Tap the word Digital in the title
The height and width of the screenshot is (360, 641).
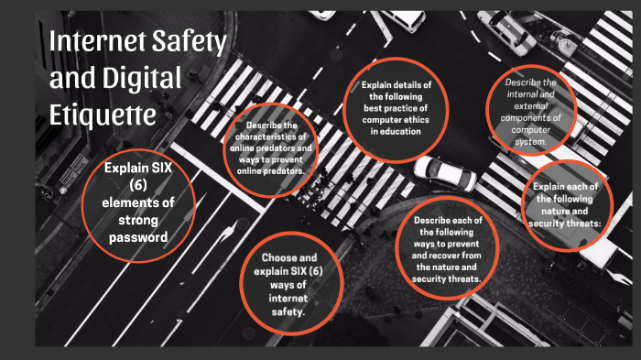142,78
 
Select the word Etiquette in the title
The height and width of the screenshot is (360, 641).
103,115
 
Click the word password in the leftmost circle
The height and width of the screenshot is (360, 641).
138,237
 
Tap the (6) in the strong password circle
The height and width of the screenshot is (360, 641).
138,185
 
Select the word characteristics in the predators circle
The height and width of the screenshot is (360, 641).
271,136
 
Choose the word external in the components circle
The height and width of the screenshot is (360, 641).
530,106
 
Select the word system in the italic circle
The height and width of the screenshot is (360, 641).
530,142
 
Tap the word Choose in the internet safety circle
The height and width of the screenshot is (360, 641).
277,257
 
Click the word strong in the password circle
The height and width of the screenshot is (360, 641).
138,221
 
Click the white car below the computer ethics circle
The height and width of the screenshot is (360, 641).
445,173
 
